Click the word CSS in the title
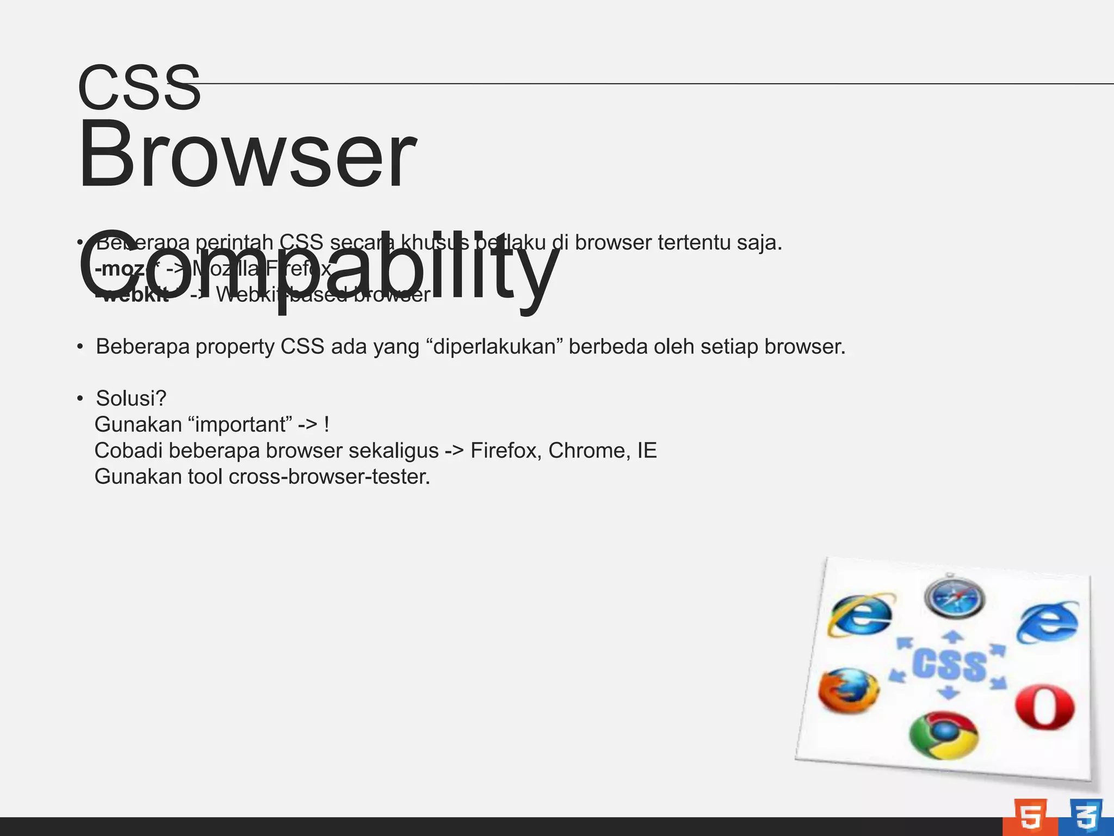(x=139, y=88)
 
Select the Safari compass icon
(x=954, y=598)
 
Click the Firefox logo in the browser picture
(x=849, y=691)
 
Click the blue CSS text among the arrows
(x=949, y=665)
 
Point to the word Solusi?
(x=131, y=398)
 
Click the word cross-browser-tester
(x=329, y=477)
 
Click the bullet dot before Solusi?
(x=80, y=398)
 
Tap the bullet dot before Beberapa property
(x=80, y=347)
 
